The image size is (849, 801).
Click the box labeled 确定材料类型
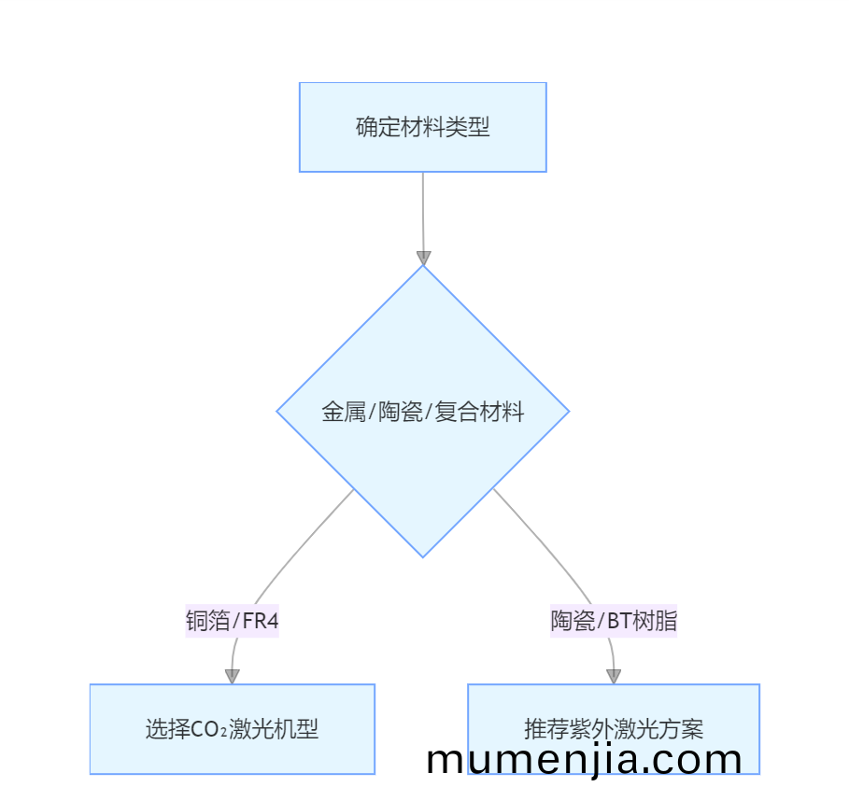[x=423, y=127]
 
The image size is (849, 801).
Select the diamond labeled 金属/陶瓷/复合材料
[x=423, y=412]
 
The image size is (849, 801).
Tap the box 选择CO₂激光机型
[x=233, y=729]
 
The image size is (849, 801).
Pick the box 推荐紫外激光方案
[x=614, y=729]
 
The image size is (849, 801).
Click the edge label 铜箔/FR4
[x=232, y=621]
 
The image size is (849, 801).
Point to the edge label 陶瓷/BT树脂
[x=614, y=621]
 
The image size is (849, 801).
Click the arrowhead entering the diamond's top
[x=423, y=259]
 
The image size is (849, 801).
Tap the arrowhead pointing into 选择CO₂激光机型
[x=233, y=677]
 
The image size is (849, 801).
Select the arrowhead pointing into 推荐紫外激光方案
[x=614, y=677]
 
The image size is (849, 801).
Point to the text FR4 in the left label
[x=261, y=621]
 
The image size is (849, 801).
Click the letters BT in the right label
[x=619, y=621]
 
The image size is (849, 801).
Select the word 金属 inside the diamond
[x=344, y=412]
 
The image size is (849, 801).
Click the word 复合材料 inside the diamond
[x=479, y=412]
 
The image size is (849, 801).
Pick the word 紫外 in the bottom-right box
[x=591, y=729]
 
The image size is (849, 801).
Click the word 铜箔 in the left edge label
[x=208, y=621]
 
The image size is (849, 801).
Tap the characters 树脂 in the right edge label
[x=654, y=621]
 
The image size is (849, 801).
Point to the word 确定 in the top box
[x=378, y=127]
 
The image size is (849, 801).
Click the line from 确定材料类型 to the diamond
[x=423, y=212]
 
